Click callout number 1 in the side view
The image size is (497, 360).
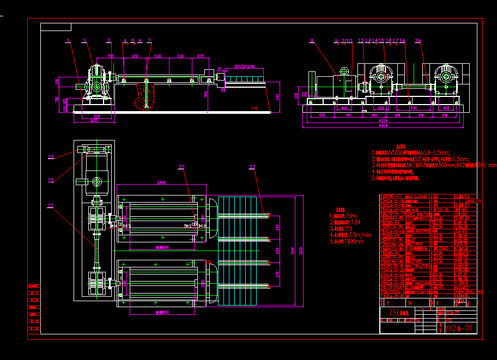(x=68, y=40)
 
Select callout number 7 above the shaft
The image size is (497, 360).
(x=149, y=40)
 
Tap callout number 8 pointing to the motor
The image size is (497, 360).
(x=312, y=40)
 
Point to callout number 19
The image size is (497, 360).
(x=418, y=40)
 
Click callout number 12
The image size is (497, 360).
(x=361, y=40)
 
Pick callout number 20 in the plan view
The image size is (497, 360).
(x=51, y=157)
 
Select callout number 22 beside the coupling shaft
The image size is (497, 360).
(x=51, y=206)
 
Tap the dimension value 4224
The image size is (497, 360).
(x=384, y=121)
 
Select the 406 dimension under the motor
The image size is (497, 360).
(x=344, y=108)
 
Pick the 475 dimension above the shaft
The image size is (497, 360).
(x=201, y=56)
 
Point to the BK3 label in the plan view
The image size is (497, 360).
(x=127, y=225)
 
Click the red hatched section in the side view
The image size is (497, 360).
(x=145, y=95)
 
